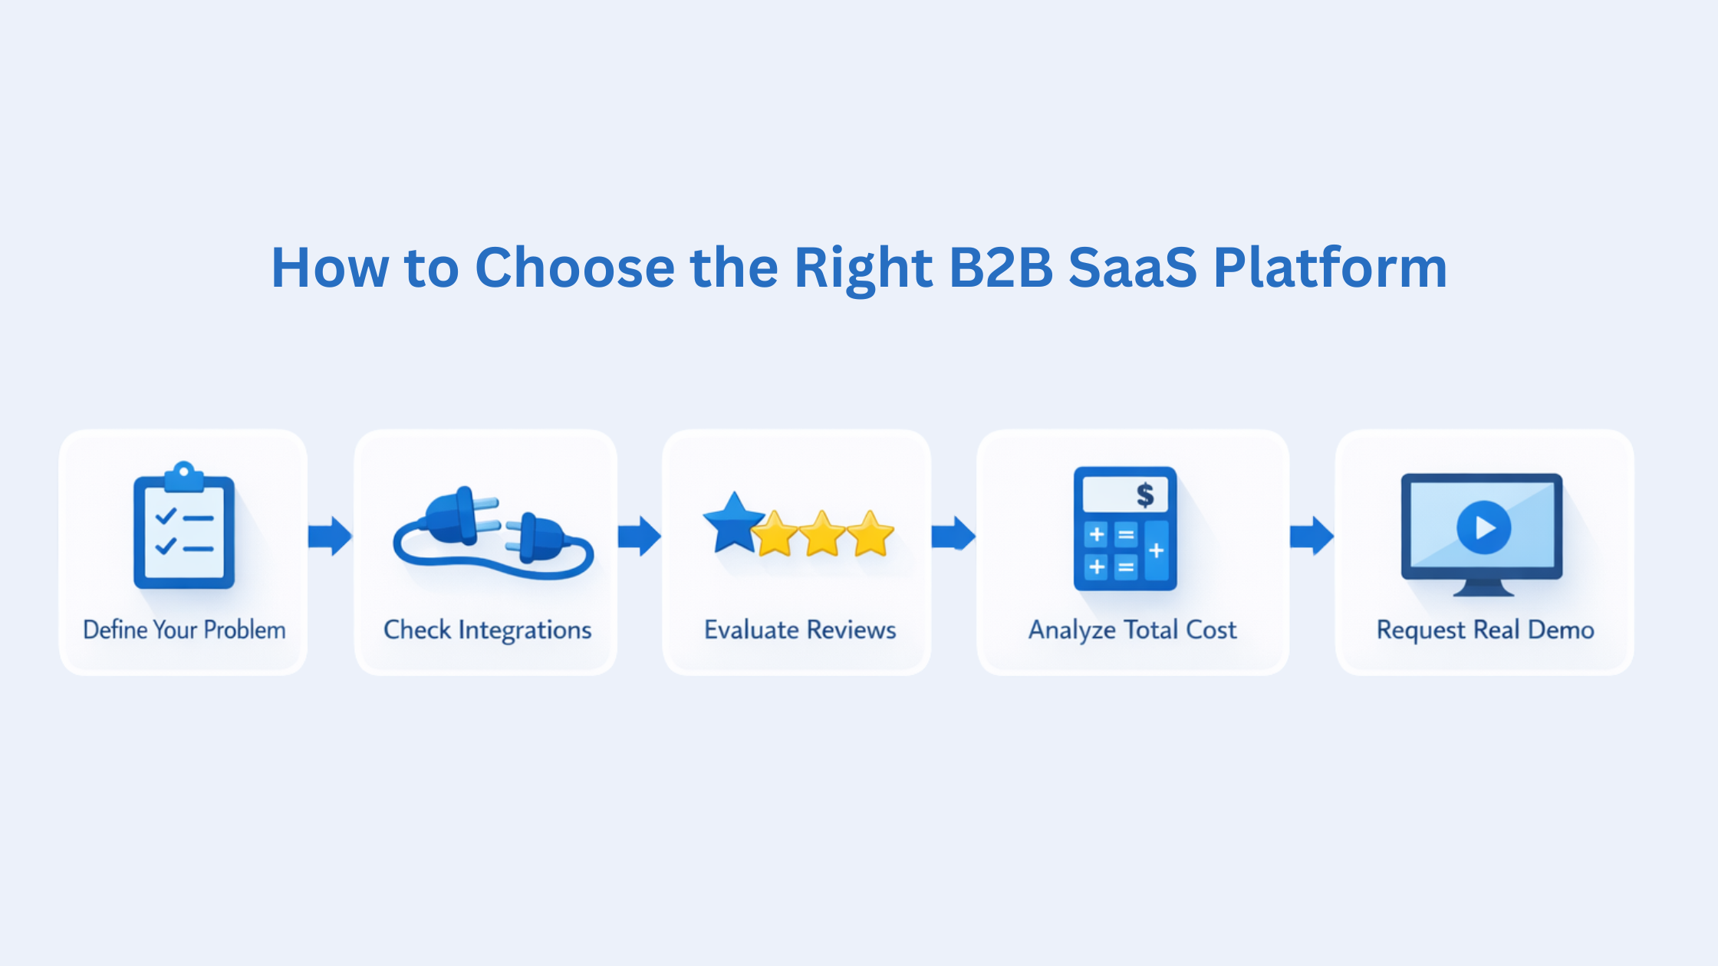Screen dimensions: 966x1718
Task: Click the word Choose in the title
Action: pos(574,268)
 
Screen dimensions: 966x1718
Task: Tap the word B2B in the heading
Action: pos(1001,268)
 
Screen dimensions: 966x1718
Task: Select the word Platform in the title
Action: pos(1330,268)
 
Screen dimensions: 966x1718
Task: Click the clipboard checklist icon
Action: pos(184,527)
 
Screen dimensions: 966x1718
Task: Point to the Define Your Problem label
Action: pos(184,630)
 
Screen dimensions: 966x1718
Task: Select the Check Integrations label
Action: pos(487,630)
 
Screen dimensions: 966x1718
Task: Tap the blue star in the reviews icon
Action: pos(733,524)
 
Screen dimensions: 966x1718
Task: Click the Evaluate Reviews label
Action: pos(800,630)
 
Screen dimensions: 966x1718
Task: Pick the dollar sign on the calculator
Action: pos(1145,495)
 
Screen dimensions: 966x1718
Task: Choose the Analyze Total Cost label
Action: pos(1132,630)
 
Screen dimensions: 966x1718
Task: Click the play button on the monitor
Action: pos(1483,527)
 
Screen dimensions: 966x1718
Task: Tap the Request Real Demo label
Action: pos(1485,630)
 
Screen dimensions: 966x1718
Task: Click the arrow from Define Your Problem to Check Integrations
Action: pos(331,536)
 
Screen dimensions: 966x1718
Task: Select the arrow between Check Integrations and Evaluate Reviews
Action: pos(640,536)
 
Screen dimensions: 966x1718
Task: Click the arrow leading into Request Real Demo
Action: pos(1312,536)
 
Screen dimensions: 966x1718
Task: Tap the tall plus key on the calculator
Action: pos(1157,550)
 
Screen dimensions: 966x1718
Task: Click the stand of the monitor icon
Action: pos(1483,588)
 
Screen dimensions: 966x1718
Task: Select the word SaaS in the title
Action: pos(1132,268)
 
